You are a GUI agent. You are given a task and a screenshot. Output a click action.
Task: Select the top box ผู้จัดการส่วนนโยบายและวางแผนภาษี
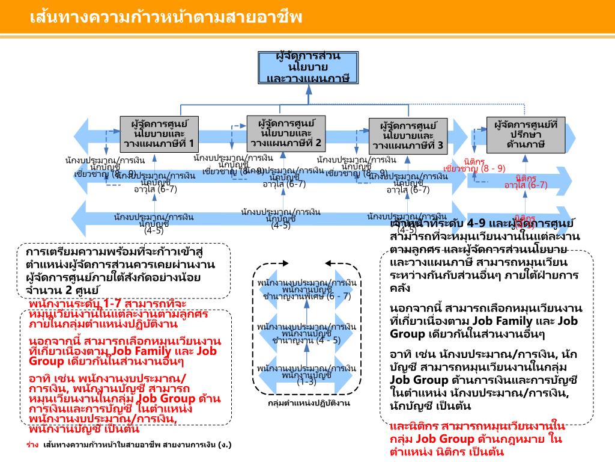(309, 67)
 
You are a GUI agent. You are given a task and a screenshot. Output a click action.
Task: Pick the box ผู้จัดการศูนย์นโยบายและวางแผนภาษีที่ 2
(286, 133)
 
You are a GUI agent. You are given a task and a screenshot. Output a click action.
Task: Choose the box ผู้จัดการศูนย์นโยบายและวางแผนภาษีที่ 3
(408, 135)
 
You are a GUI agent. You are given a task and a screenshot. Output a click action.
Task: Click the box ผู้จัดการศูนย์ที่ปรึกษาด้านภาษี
(526, 134)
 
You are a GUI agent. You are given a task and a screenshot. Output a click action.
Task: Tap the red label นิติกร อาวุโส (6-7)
(526, 182)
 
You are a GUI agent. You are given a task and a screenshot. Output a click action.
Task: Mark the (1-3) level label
(306, 382)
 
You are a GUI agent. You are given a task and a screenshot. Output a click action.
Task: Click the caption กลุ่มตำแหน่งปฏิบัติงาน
(309, 403)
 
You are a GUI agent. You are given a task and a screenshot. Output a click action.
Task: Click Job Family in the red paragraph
(145, 350)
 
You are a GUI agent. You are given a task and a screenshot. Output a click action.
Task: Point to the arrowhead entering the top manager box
(309, 88)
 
